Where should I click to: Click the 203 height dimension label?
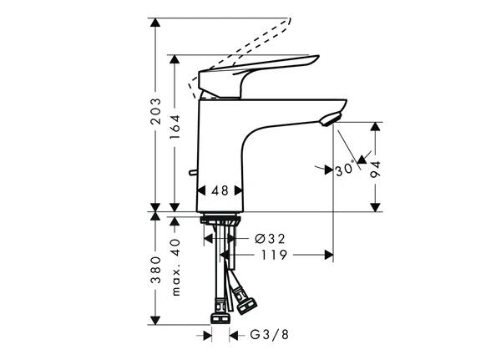155,111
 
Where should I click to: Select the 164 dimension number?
175,126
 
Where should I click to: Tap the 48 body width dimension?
220,191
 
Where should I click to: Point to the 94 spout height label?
376,169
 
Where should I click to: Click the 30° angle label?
345,170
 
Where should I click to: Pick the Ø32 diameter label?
270,239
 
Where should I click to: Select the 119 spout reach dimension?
274,255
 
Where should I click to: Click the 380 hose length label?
155,270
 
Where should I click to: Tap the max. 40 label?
175,267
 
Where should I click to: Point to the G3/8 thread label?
270,335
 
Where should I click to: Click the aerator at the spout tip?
331,119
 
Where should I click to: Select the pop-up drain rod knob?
193,173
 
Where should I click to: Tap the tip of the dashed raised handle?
290,19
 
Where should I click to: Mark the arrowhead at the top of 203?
155,23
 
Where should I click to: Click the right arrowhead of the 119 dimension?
329,255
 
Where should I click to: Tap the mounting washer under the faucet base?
220,220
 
